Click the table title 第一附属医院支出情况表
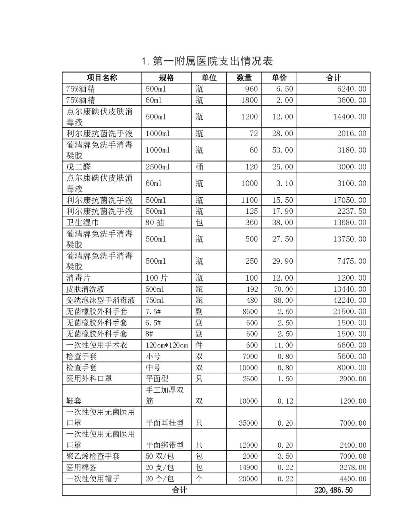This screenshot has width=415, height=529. pyautogui.click(x=207, y=61)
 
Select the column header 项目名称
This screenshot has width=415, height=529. pyautogui.click(x=102, y=78)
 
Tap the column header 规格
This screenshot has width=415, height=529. pyautogui.click(x=166, y=78)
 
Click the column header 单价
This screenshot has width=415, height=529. pyautogui.click(x=279, y=78)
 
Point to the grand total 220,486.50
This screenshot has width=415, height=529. pyautogui.click(x=333, y=490)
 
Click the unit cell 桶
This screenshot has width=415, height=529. pyautogui.click(x=199, y=167)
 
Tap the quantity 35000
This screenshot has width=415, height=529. pyautogui.click(x=248, y=423)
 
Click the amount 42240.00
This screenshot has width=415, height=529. pyautogui.click(x=350, y=300)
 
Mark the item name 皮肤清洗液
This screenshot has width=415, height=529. pyautogui.click(x=85, y=289)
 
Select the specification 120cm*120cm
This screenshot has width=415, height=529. pyautogui.click(x=166, y=345)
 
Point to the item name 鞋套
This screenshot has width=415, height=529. pyautogui.click(x=74, y=401)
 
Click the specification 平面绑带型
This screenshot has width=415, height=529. pyautogui.click(x=164, y=445)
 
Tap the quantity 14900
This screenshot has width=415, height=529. pyautogui.click(x=248, y=468)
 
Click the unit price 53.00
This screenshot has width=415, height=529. pyautogui.click(x=282, y=150)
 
